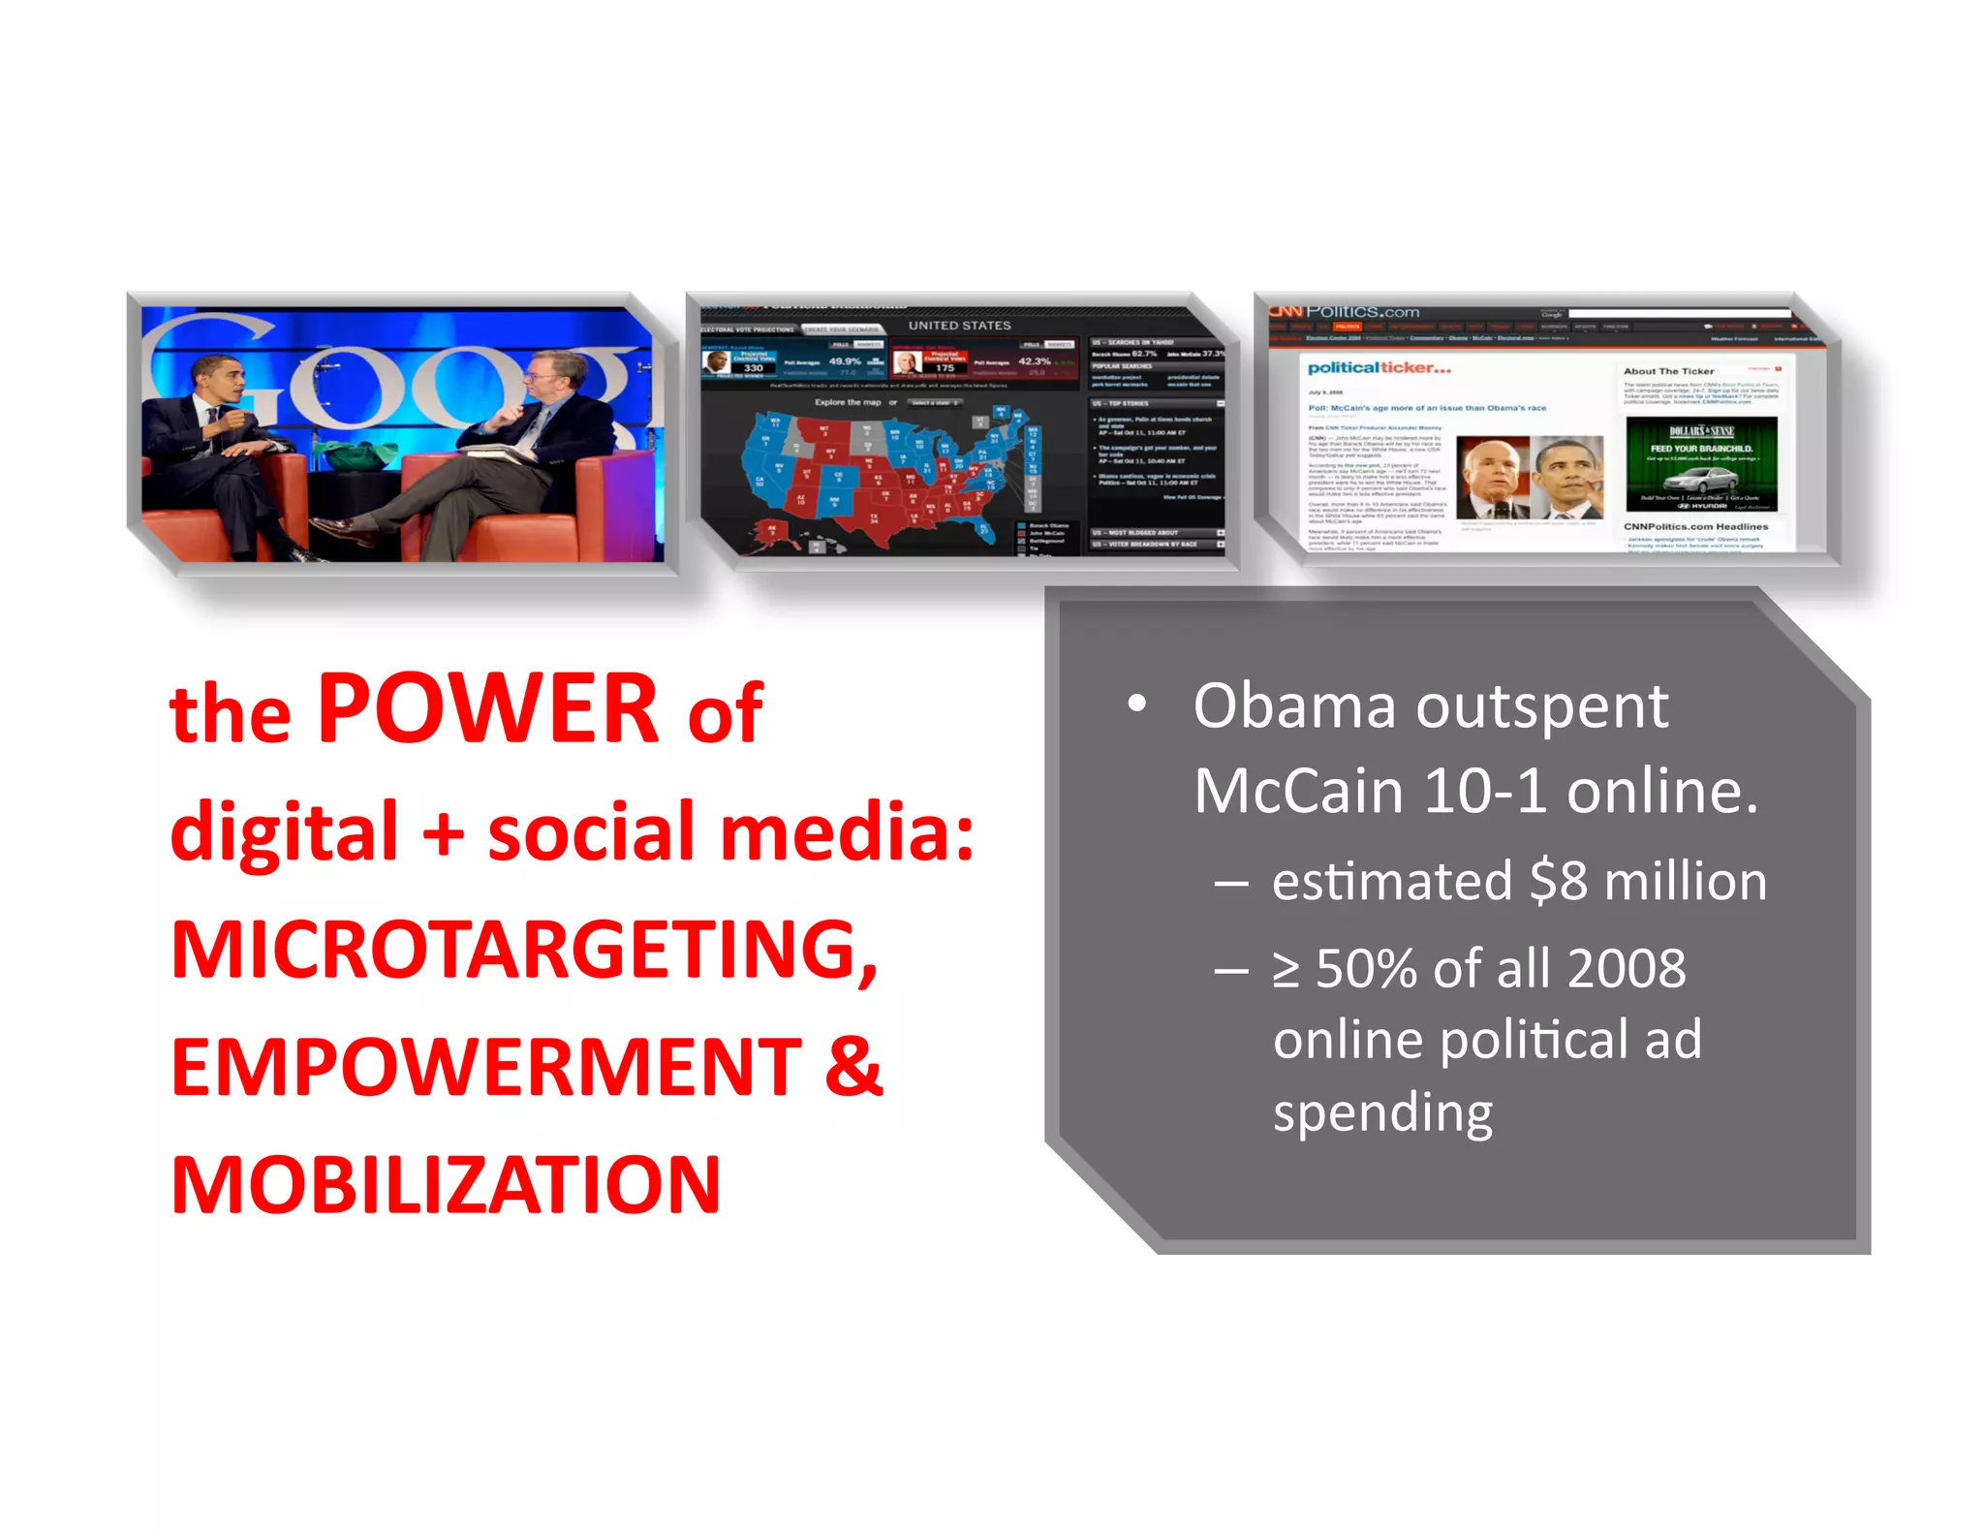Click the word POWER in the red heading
[488, 709]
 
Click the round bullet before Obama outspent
[1137, 704]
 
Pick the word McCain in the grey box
[1299, 792]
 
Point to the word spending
[1382, 1112]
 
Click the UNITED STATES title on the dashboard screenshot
[959, 326]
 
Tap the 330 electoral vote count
[753, 368]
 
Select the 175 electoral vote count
[945, 368]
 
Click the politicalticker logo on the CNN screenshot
[1379, 368]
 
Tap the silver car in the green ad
[1701, 479]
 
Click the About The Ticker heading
[1668, 371]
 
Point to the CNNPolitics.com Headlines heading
[1695, 526]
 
